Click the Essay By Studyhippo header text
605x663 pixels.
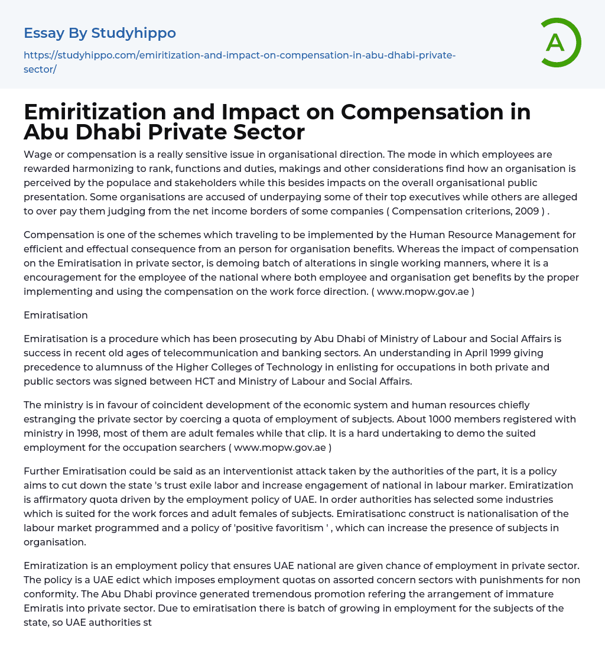100,33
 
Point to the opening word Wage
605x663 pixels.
37,154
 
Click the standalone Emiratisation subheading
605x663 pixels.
56,315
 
